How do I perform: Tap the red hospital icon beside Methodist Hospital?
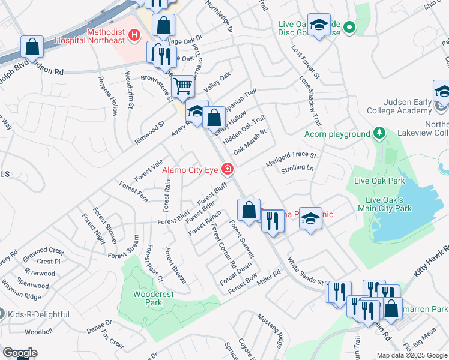coord(134,35)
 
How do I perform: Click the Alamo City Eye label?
coord(190,170)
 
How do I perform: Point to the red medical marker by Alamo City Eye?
coord(227,169)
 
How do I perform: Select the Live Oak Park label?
coord(380,181)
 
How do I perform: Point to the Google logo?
coord(20,353)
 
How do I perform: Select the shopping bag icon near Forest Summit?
coord(249,211)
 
